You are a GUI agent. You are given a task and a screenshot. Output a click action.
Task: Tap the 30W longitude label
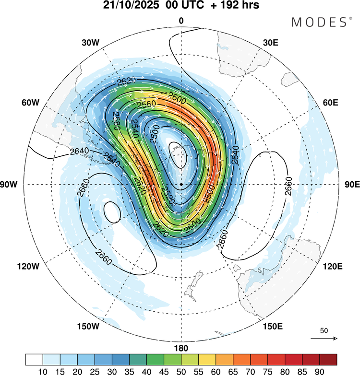pos(90,42)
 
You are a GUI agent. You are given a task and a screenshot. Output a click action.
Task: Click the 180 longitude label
pos(181,348)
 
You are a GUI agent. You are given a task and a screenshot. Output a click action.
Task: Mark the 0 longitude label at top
pos(181,21)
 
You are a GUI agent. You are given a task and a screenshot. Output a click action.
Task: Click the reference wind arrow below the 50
pos(324,338)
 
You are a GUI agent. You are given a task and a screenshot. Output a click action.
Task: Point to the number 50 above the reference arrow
pos(324,330)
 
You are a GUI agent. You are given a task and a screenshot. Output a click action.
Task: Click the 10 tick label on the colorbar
pos(43,370)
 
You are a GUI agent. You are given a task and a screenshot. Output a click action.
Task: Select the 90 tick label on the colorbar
pos(319,370)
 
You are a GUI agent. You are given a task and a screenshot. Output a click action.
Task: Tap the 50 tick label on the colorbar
pos(181,370)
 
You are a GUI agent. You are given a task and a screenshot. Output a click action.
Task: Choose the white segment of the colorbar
pos(34,359)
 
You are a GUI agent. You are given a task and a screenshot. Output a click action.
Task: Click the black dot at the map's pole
pos(181,184)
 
